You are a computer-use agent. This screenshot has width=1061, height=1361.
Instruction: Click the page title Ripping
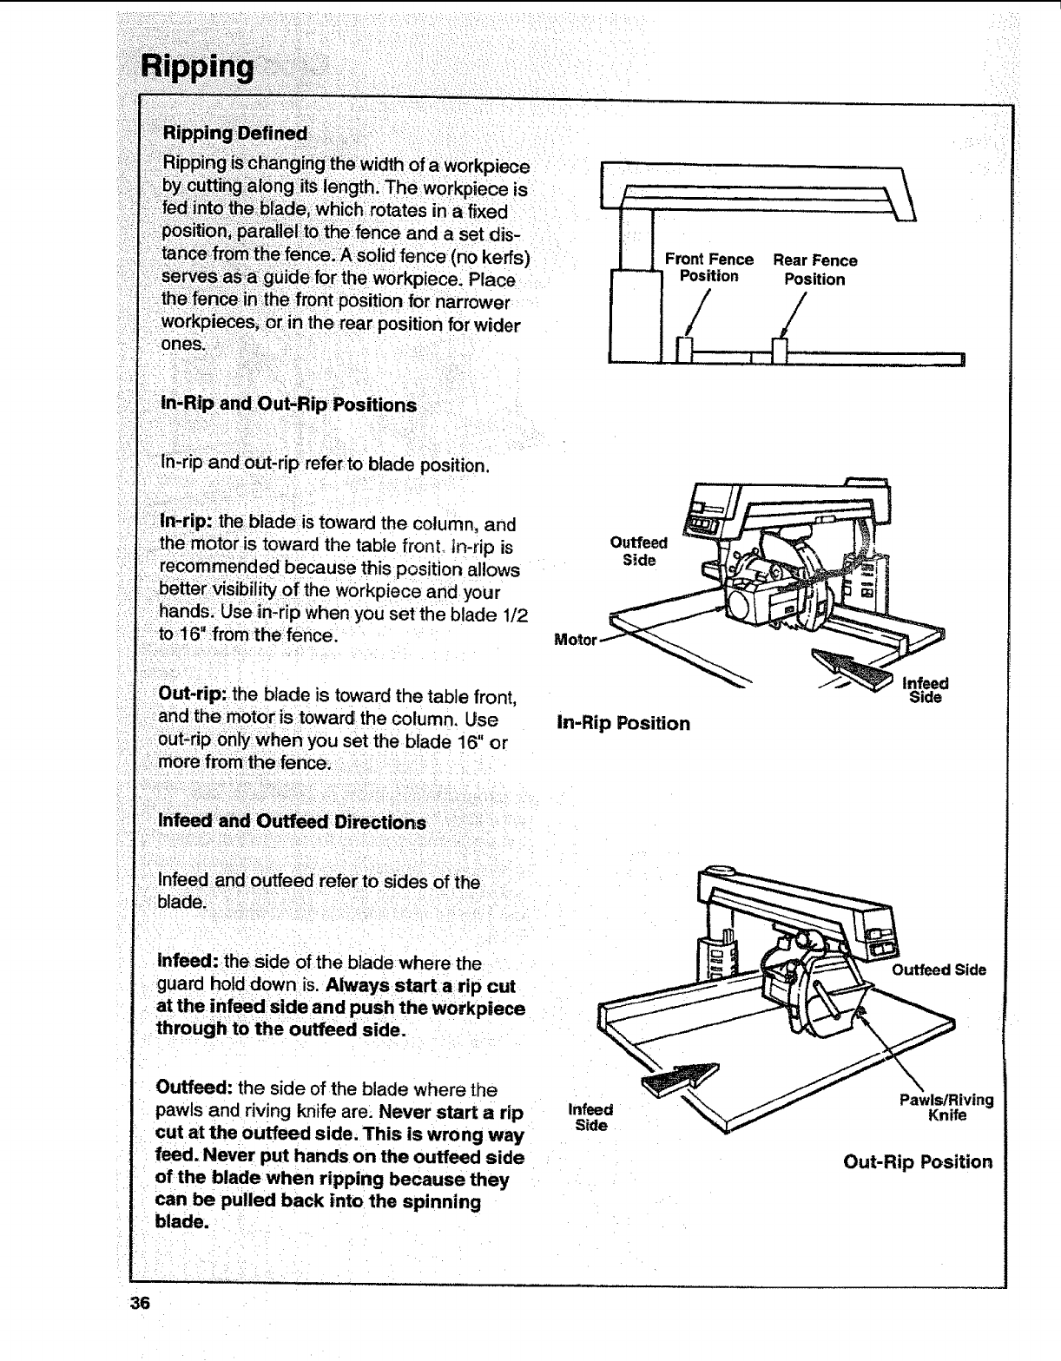coord(198,66)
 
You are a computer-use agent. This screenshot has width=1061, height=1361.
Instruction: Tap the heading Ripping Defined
coord(234,133)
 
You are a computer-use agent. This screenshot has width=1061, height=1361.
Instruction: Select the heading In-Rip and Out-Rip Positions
coord(288,404)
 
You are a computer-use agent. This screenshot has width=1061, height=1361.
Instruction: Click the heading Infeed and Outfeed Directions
coord(292,821)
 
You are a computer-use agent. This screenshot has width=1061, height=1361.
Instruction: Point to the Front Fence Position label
coord(708,267)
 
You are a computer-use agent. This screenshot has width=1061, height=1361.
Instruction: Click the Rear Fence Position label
coord(814,269)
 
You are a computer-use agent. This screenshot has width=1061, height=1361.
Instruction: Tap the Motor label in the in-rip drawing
coord(575,641)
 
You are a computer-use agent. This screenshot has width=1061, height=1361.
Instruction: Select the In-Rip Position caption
coord(623,723)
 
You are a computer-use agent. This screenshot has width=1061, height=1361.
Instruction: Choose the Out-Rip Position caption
coord(918,1161)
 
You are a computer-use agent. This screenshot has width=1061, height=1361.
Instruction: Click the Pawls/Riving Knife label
coord(946,1108)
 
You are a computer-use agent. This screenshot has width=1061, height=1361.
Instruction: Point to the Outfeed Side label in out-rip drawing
coord(939,970)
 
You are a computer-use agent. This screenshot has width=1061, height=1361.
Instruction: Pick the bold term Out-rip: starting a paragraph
coord(193,696)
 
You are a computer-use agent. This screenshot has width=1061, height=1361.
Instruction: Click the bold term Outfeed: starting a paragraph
coord(194,1088)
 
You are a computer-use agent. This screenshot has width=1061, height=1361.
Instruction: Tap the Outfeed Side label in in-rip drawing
coord(638,551)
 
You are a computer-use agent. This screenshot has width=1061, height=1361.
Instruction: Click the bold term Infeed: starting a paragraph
coord(188,963)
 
